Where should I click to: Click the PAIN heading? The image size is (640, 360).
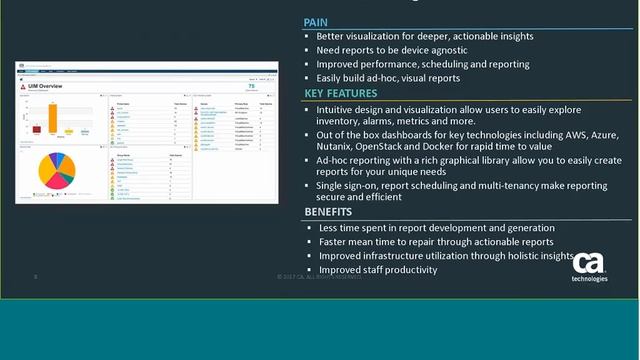317,21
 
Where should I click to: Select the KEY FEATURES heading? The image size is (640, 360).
340,93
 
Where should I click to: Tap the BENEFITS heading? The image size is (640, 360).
329,212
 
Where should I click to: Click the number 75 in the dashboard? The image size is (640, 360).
263,86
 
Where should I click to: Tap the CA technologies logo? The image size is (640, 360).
589,267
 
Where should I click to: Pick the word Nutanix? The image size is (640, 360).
340,147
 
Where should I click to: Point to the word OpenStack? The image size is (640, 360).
397,147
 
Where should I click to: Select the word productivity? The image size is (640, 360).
406,269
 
